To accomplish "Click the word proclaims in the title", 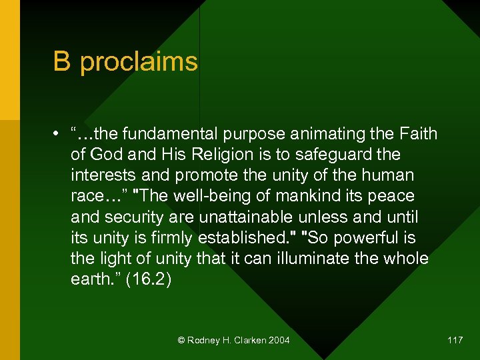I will click(139, 62).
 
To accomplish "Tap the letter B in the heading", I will click(62, 61).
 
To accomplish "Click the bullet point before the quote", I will click(58, 134).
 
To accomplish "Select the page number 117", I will click(455, 341).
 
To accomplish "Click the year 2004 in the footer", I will click(279, 341).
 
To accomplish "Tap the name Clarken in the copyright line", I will click(247, 341).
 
